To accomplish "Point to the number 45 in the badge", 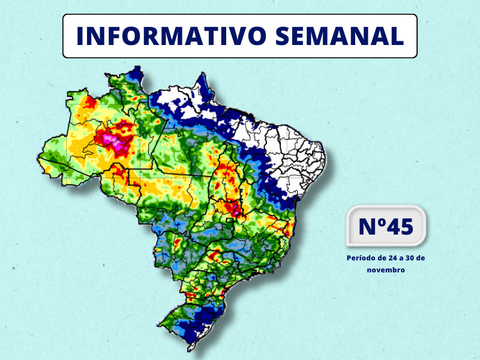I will (x=398, y=227).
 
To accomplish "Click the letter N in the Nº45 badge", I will (x=367, y=227).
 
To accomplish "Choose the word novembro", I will (x=386, y=270).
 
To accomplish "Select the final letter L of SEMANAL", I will (x=397, y=36).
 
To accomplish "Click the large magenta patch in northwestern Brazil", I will (x=115, y=141).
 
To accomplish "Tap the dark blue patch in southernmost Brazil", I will (x=204, y=318).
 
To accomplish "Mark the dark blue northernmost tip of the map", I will (x=137, y=72).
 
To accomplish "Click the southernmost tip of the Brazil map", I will (x=191, y=346).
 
